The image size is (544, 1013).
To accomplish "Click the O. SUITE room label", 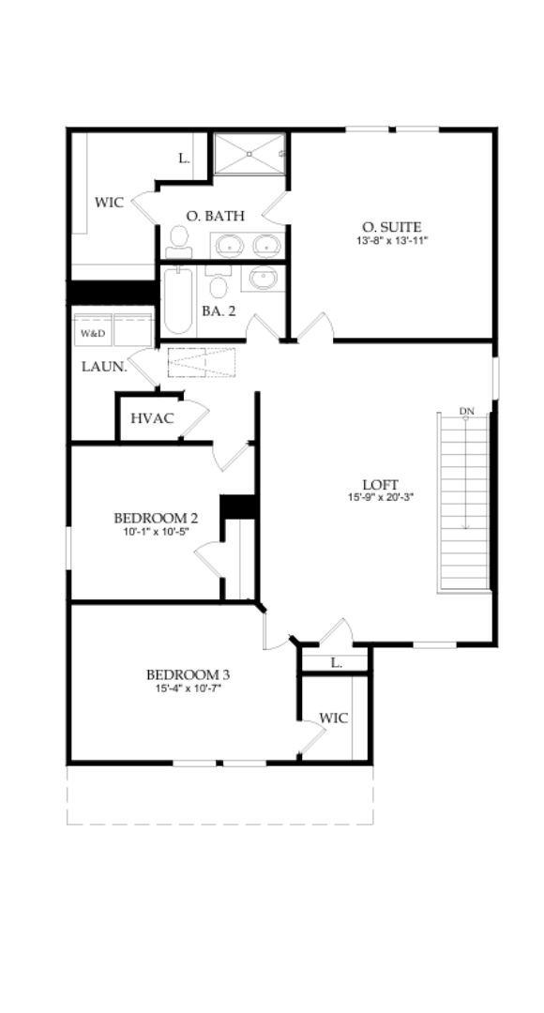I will [391, 227].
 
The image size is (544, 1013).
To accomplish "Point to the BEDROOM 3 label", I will [188, 674].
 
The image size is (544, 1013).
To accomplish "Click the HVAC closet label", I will [152, 418].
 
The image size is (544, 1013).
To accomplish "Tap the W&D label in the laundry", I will [93, 333].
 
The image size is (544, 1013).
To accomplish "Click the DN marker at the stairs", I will [466, 411].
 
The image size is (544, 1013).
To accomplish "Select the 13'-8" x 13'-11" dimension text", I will [391, 241].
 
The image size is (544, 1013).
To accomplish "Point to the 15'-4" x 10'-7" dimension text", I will [188, 688].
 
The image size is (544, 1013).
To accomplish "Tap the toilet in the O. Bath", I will [178, 241].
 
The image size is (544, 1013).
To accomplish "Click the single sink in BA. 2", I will [264, 278].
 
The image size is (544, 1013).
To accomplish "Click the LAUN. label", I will [103, 367].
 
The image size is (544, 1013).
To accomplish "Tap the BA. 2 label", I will [218, 310].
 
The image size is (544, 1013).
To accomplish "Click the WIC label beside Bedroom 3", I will [334, 718].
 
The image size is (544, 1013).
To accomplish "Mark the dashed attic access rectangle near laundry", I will [204, 362].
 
